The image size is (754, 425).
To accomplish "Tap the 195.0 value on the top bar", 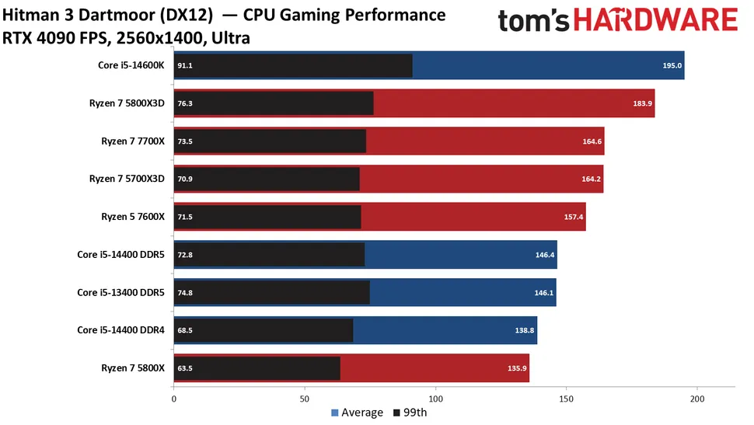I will click(672, 66).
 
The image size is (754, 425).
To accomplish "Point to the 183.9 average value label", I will click(643, 103).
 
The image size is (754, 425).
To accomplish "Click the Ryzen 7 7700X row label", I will click(133, 141).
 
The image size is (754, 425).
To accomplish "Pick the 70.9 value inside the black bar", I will click(185, 179).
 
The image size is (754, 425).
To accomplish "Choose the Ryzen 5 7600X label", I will click(133, 216).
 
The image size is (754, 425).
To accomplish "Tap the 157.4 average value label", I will click(574, 217).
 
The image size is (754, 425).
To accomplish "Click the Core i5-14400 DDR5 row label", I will click(121, 254).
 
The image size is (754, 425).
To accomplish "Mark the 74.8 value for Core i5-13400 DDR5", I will click(185, 292).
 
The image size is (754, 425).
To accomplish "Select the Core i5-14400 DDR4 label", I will click(121, 329).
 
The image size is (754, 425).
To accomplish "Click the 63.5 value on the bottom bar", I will click(185, 368).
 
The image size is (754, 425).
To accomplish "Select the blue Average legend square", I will click(336, 413).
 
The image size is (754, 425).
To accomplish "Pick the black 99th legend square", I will click(398, 413).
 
